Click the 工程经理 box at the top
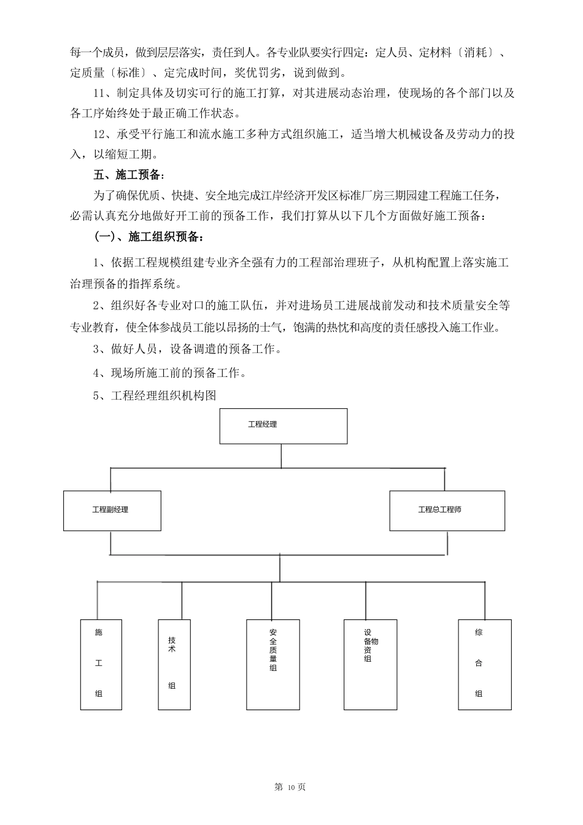(284, 425)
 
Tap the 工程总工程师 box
(447, 510)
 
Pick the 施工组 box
(101, 664)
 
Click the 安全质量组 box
(273, 664)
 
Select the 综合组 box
(484, 664)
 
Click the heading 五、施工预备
(129, 175)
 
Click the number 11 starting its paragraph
(98, 93)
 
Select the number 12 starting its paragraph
(98, 134)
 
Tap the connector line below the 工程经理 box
(281, 455)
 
